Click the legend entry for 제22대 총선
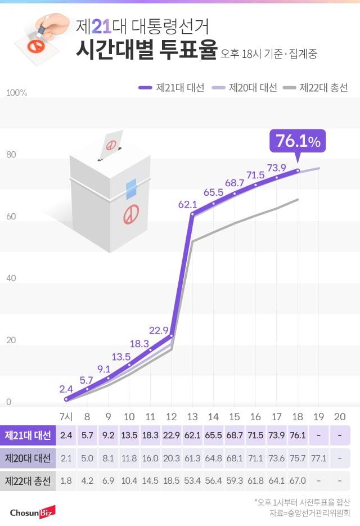point(316,88)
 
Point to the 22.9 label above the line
point(159,329)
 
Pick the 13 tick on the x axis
point(192,416)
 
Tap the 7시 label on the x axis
point(66,416)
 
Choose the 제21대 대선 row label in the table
point(28,435)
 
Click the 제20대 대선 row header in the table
point(28,458)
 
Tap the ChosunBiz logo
point(33,512)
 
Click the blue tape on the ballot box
point(131,189)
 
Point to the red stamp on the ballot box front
point(132,214)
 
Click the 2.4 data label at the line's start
point(66,389)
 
